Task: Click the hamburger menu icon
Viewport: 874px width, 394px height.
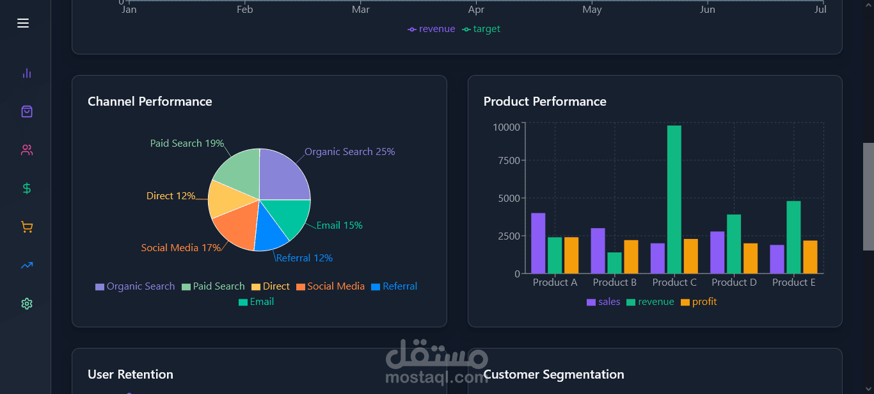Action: click(23, 23)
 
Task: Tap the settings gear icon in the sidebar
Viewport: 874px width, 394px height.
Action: click(26, 304)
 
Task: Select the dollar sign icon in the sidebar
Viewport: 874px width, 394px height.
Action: click(26, 188)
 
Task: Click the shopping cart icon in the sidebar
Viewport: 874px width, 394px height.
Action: click(26, 227)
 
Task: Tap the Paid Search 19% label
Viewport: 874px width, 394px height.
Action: click(187, 144)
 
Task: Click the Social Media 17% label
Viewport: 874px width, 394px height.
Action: click(181, 248)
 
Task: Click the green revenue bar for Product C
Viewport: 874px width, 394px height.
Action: click(674, 199)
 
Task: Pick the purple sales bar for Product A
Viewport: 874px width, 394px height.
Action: click(538, 243)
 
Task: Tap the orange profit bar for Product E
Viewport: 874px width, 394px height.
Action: click(810, 257)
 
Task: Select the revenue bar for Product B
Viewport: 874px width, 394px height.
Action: click(614, 263)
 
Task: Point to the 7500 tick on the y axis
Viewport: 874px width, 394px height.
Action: click(508, 160)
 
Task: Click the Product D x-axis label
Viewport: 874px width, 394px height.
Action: click(734, 283)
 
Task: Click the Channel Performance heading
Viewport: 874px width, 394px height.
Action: click(150, 101)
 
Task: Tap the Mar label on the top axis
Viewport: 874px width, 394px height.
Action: click(361, 10)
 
